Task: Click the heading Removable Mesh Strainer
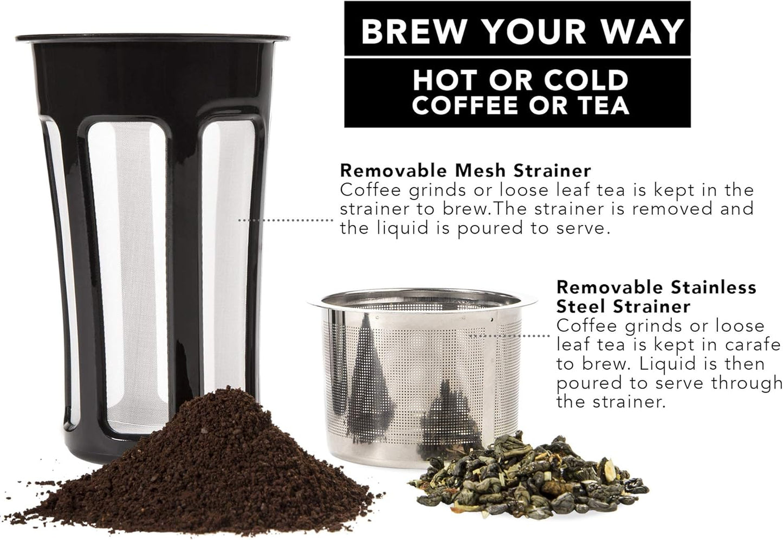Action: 465,170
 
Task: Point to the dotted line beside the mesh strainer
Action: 286,220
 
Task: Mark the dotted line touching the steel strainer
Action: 510,336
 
